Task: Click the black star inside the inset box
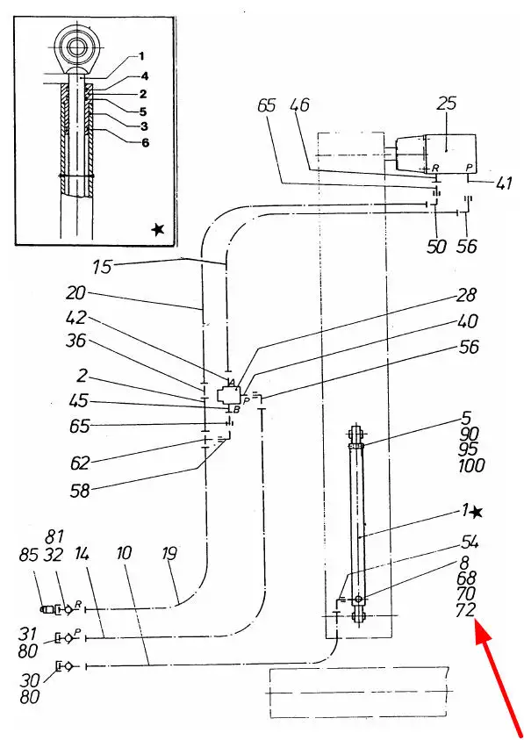pos(158,229)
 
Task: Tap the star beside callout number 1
pos(477,512)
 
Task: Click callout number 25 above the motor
pos(446,104)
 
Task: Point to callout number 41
pos(503,183)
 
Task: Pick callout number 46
pos(300,104)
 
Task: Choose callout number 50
pos(436,247)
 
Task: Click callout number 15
pos(101,266)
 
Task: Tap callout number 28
pos(465,296)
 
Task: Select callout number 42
pos(76,318)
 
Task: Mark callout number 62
pos(79,463)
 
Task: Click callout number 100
pos(471,466)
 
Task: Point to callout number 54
pos(468,543)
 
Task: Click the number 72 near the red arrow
pos(464,611)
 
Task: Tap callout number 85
pos(28,556)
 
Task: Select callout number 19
pos(169,554)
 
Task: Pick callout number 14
pos(83,554)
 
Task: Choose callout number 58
pos(79,492)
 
